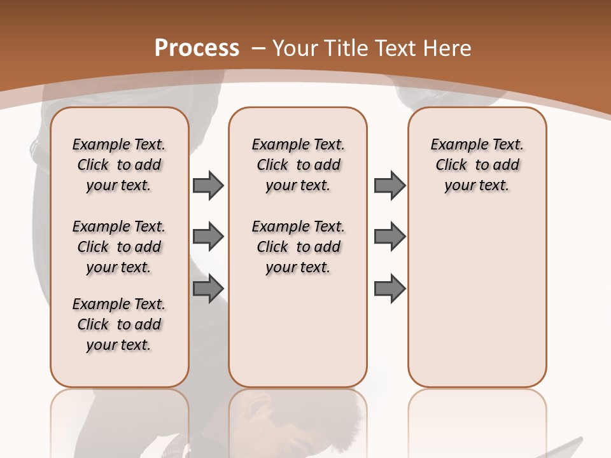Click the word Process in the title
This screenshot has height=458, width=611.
click(197, 48)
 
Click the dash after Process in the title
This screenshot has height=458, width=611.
click(258, 48)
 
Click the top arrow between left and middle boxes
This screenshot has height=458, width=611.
click(208, 185)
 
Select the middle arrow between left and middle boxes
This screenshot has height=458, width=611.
click(208, 237)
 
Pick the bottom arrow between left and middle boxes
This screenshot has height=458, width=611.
click(208, 289)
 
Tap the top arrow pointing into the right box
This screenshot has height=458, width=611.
click(390, 185)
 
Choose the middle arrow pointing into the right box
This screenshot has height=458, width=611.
click(390, 237)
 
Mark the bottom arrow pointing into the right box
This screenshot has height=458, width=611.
click(390, 289)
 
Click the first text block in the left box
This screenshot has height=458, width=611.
click(119, 165)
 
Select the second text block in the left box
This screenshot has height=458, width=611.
click(119, 247)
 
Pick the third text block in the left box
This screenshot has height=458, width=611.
click(119, 324)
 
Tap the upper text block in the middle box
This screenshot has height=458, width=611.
click(298, 165)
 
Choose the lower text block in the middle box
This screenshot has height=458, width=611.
click(298, 247)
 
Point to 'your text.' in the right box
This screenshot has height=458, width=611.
click(477, 185)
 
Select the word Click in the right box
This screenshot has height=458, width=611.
click(451, 165)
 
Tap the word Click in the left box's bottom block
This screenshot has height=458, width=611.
click(93, 324)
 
